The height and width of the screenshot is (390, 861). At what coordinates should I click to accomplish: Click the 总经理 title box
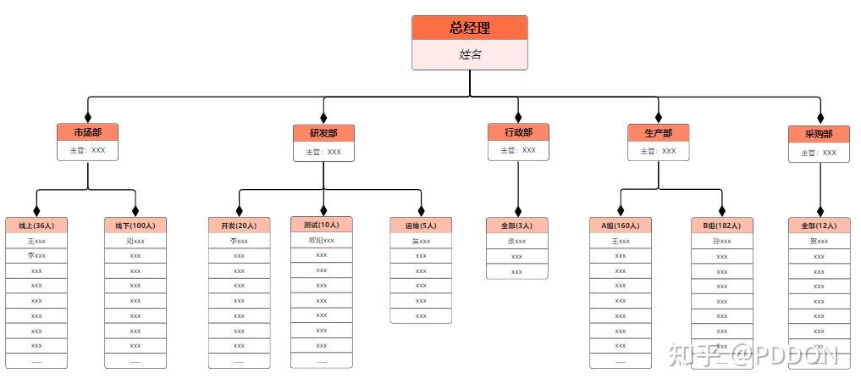click(x=470, y=28)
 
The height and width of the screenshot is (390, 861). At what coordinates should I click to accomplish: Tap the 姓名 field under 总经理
click(x=470, y=55)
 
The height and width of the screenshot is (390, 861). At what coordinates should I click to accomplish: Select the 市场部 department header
click(x=87, y=133)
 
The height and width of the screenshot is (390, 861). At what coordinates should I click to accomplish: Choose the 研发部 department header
click(x=323, y=134)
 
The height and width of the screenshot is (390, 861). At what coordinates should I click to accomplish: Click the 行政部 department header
click(x=518, y=132)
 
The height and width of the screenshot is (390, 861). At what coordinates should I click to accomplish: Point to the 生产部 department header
click(x=658, y=133)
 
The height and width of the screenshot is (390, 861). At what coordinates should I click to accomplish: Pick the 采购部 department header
click(x=819, y=134)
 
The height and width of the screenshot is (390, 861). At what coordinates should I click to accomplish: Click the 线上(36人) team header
click(x=36, y=226)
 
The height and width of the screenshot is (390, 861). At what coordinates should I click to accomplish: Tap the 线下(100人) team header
click(x=135, y=226)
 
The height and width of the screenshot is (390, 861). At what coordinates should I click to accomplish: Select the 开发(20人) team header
click(x=239, y=226)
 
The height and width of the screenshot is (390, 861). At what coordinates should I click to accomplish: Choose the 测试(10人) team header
click(x=321, y=225)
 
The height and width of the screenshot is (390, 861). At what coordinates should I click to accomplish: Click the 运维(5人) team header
click(x=421, y=226)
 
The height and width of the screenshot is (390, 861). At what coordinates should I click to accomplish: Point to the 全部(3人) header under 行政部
click(x=517, y=226)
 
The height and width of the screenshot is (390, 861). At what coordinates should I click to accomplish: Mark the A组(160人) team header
click(x=621, y=226)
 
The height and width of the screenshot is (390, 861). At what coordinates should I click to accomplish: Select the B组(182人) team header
click(x=721, y=226)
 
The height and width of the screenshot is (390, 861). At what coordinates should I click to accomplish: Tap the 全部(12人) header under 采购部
click(x=819, y=226)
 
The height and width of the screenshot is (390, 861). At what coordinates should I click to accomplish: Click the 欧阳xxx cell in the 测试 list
click(x=321, y=240)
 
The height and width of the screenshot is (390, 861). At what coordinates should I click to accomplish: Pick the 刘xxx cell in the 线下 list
click(x=135, y=241)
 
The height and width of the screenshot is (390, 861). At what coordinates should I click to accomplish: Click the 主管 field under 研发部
click(x=323, y=152)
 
